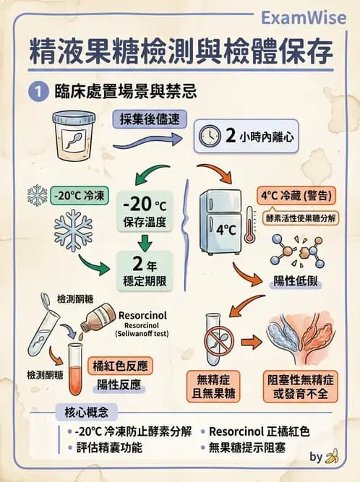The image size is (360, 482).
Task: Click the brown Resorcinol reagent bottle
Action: point(98,317)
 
